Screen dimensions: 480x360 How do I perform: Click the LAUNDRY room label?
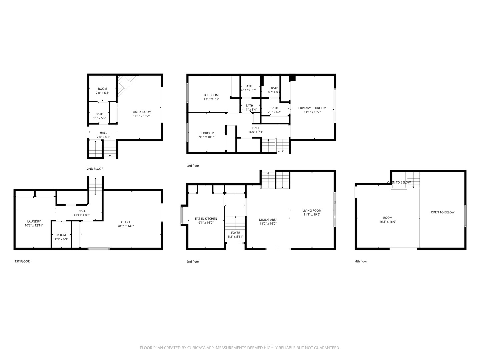(x=34, y=221)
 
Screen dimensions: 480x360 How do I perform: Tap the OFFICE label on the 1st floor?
(x=126, y=222)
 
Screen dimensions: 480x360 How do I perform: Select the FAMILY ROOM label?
(x=141, y=112)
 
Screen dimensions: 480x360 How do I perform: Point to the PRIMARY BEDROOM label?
(x=312, y=108)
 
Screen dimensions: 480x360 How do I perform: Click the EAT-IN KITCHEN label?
(x=206, y=219)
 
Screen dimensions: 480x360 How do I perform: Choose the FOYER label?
(x=236, y=233)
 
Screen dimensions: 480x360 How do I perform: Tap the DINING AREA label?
(x=268, y=220)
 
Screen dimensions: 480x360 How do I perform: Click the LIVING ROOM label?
(x=312, y=211)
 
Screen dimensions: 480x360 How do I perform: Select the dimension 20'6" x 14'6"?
(x=126, y=226)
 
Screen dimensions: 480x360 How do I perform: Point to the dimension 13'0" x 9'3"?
(x=211, y=99)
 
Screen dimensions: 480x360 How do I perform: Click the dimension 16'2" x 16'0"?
(x=388, y=222)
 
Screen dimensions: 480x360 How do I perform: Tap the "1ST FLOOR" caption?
(x=22, y=261)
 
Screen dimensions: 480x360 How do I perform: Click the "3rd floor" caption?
(x=193, y=166)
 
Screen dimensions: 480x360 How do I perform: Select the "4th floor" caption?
(x=361, y=261)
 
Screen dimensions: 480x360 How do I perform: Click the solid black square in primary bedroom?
(x=292, y=78)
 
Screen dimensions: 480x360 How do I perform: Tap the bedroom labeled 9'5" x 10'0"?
(x=207, y=135)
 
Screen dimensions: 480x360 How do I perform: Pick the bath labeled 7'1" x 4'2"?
(x=274, y=110)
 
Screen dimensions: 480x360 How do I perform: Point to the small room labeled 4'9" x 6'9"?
(x=61, y=237)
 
